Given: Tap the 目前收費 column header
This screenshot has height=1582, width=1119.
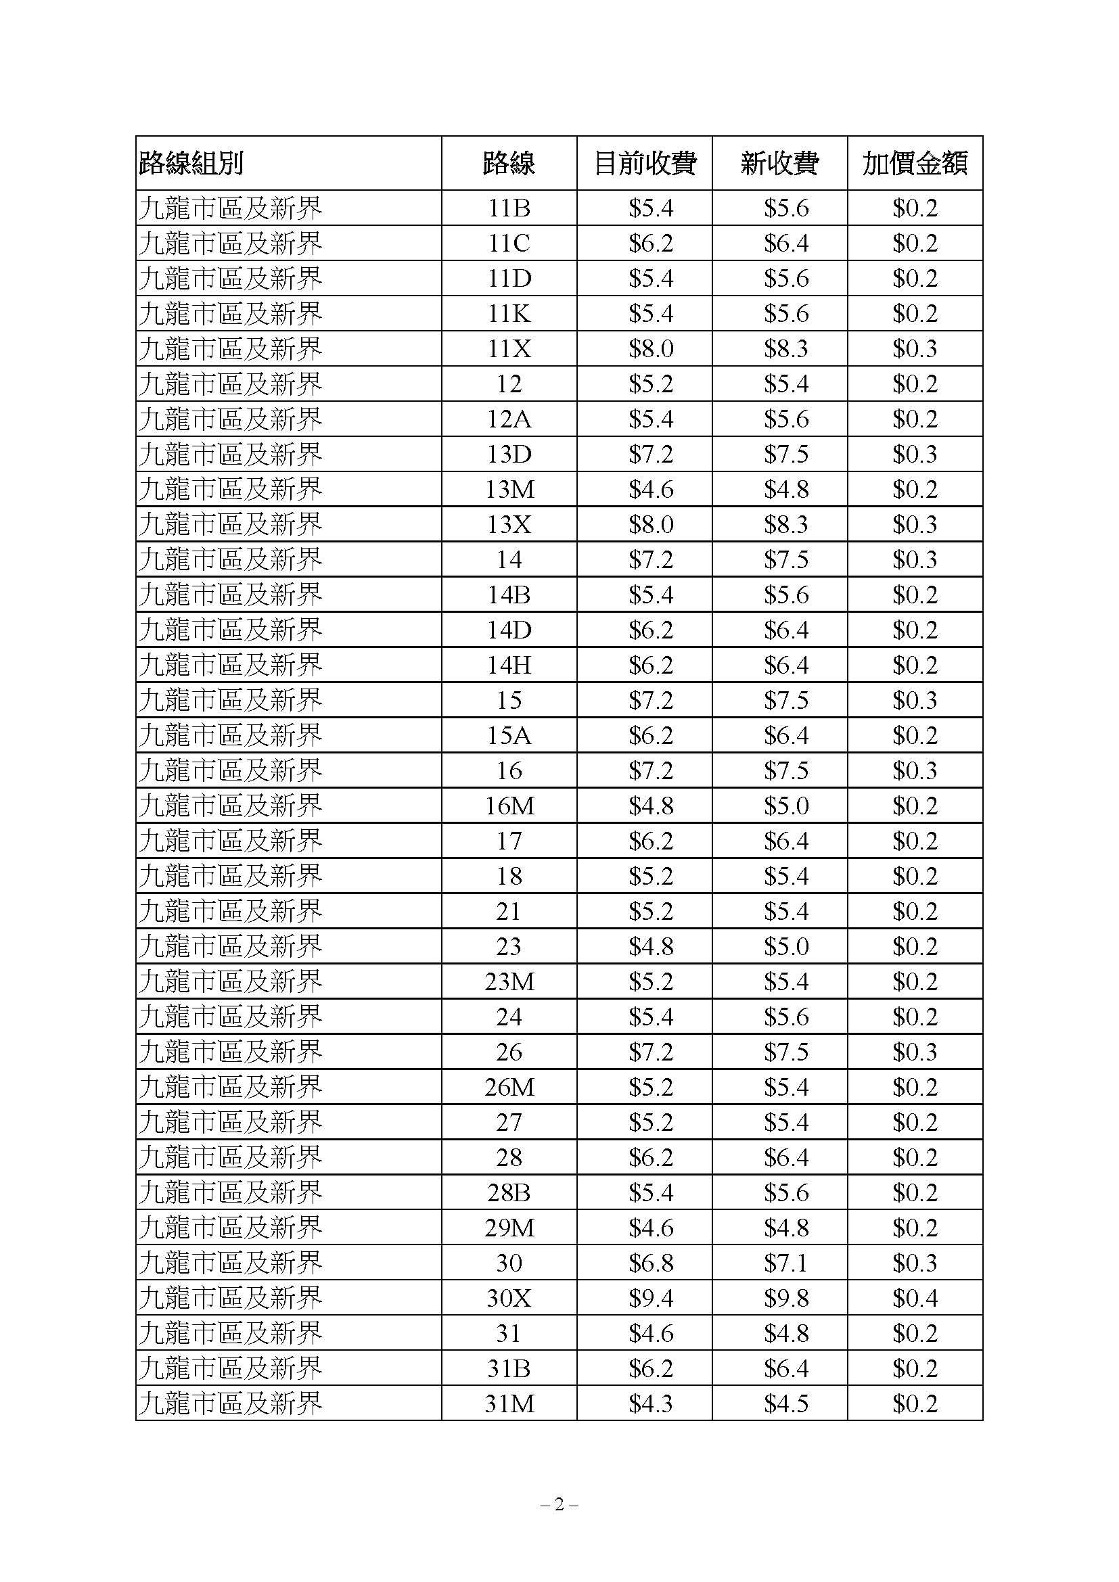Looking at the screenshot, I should click(x=644, y=163).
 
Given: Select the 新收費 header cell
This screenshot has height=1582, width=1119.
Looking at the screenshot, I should click(x=779, y=163).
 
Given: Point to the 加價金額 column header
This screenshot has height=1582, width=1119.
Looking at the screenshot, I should click(x=915, y=163).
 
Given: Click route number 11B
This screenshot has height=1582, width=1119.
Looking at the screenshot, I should click(x=509, y=208).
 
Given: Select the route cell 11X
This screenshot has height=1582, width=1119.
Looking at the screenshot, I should click(x=509, y=348).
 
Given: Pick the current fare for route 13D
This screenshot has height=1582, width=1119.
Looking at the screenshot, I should click(x=650, y=454).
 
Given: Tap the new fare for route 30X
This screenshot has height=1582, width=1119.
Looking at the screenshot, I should click(x=785, y=1298).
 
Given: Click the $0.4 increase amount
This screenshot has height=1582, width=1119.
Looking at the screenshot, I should click(x=915, y=1298).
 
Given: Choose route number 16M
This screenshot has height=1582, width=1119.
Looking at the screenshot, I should click(x=509, y=806).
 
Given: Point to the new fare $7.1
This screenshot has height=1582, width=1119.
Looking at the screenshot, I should click(x=785, y=1263).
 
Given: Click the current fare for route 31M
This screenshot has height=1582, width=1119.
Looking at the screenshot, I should click(x=650, y=1403).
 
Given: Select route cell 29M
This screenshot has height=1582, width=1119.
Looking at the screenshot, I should click(x=509, y=1228).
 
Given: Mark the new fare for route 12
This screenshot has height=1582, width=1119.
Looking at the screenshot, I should click(x=785, y=383).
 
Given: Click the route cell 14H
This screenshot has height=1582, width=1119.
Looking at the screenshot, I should click(x=509, y=665).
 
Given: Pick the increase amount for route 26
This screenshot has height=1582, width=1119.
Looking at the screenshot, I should click(x=915, y=1052).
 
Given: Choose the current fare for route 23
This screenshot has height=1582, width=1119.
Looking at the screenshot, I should click(x=650, y=946).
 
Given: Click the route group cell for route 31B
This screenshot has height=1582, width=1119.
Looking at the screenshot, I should click(x=231, y=1368).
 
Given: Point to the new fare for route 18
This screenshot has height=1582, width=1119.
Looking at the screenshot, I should click(x=785, y=876).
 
